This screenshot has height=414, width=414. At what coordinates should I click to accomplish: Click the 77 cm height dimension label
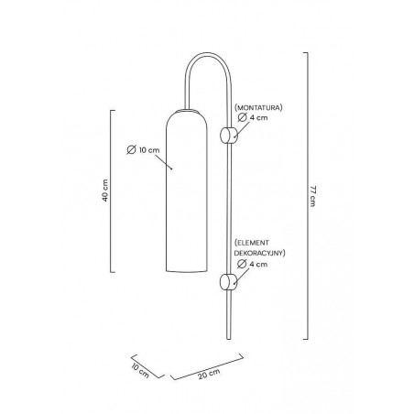[312, 196]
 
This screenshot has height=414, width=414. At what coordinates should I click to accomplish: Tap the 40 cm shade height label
[105, 191]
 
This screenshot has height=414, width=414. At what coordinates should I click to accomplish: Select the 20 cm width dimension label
[209, 374]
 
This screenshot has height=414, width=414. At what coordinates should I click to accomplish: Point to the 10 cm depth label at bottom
[140, 370]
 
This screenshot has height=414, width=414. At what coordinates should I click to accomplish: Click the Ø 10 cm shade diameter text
[143, 150]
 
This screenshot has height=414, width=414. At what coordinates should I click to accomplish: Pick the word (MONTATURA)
[258, 107]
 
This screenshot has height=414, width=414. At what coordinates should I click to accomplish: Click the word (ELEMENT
[252, 243]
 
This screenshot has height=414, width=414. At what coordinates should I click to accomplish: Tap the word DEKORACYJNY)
[259, 253]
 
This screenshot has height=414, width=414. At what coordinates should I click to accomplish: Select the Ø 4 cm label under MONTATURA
[253, 117]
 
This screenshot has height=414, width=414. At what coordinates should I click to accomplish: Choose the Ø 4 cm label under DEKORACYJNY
[252, 264]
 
